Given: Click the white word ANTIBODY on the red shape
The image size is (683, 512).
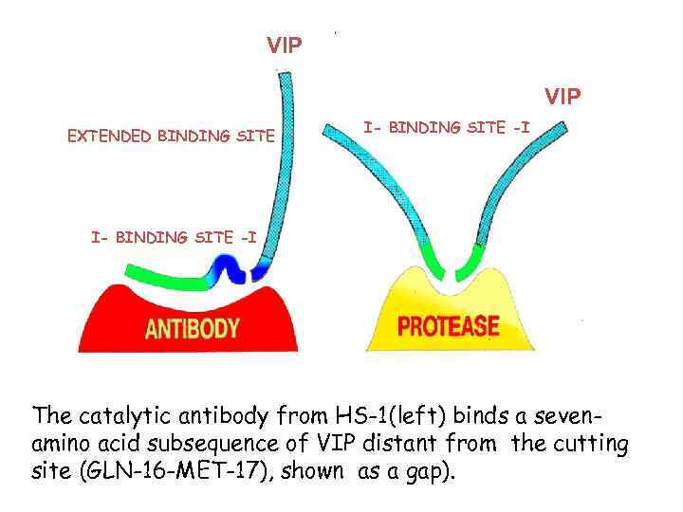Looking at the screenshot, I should (x=192, y=329).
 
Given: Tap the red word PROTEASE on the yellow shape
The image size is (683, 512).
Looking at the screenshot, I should (x=448, y=327).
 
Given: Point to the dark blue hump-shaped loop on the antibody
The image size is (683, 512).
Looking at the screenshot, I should (x=228, y=269).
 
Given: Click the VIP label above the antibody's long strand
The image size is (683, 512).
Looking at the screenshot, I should (x=285, y=45).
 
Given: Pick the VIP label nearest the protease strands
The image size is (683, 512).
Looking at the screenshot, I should (x=563, y=97).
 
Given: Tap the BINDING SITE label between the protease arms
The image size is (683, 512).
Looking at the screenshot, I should (x=447, y=127).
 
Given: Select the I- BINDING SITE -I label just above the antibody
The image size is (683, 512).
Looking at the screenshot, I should (x=174, y=237).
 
